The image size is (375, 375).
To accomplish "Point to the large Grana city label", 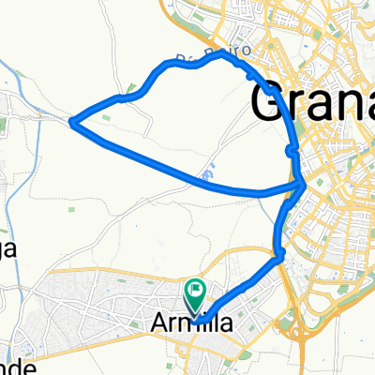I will (314, 98).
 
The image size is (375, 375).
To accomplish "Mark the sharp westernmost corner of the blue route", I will (73, 119).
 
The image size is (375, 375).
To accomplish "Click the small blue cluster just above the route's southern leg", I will (208, 174).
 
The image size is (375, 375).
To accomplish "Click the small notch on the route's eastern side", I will (292, 148).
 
